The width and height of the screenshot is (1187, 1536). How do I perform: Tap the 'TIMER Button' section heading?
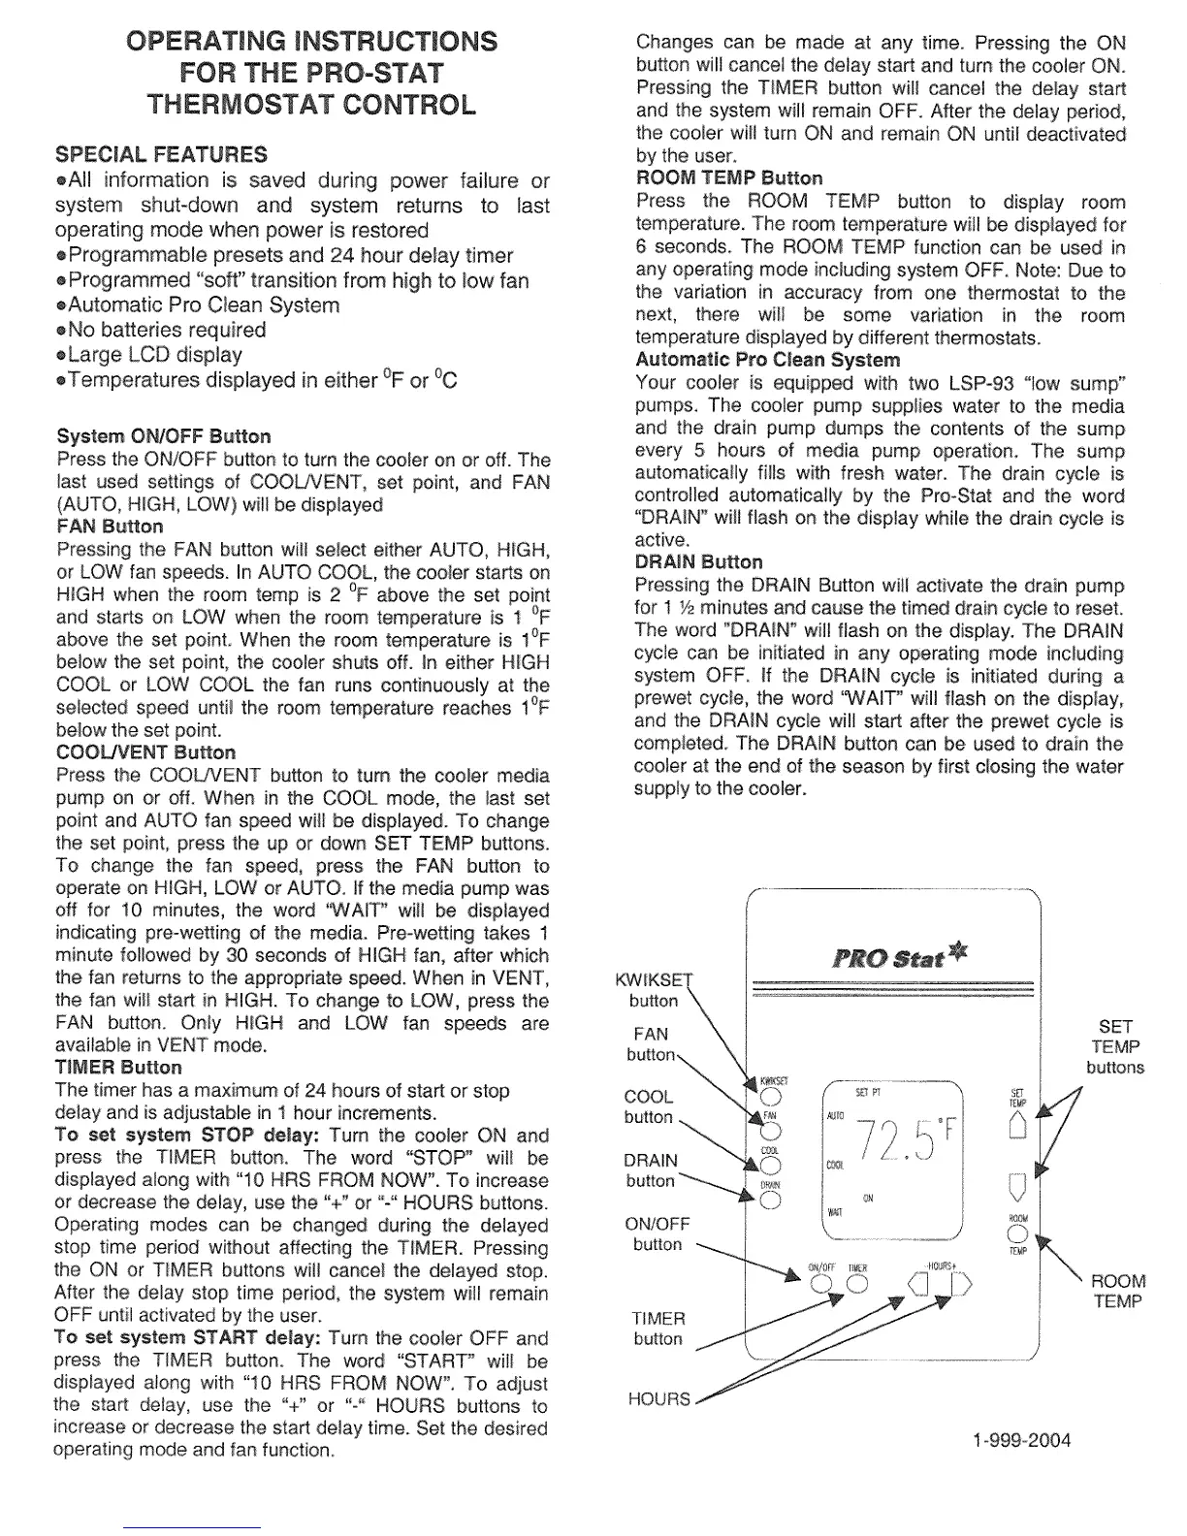(119, 1068)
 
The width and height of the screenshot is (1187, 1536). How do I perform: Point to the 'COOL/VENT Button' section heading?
(145, 752)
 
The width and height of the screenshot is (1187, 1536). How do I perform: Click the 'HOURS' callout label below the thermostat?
(658, 1399)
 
